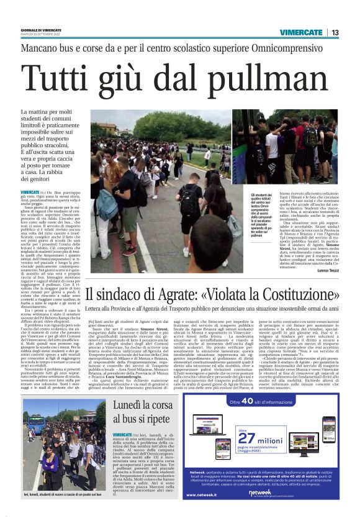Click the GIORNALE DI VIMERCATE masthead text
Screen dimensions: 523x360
pyautogui.click(x=41, y=30)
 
